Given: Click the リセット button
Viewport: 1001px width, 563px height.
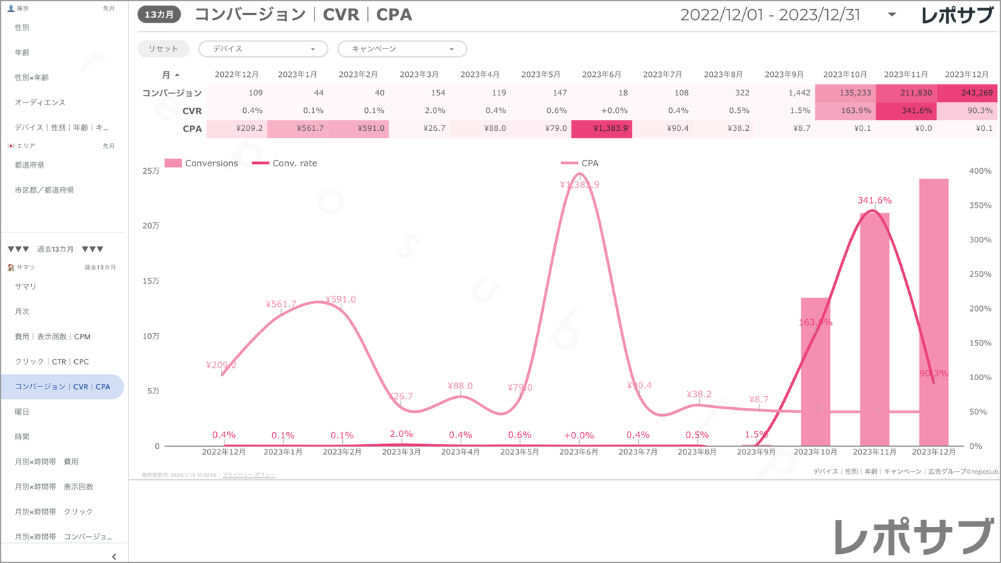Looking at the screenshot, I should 163,49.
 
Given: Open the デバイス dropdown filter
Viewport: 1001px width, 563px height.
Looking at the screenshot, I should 263,49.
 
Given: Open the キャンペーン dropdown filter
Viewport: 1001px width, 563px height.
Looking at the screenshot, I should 402,49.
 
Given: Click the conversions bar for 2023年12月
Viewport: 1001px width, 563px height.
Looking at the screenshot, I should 934,312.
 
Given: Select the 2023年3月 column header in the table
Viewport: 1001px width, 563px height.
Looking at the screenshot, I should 419,75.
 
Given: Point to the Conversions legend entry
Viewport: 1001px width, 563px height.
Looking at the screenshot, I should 211,163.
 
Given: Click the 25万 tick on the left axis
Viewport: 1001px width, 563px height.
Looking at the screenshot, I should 150,171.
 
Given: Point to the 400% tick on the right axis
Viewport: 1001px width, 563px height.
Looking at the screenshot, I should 980,171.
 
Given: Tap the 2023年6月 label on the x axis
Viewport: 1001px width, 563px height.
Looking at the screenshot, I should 578,452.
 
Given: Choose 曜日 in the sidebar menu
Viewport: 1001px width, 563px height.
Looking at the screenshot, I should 22,412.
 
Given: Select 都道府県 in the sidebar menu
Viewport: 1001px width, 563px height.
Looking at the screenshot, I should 30,166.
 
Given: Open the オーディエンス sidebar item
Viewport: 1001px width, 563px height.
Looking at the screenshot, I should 40,102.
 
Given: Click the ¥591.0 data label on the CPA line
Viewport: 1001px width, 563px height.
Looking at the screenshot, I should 340,299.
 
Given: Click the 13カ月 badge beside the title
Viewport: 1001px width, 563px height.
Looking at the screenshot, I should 159,15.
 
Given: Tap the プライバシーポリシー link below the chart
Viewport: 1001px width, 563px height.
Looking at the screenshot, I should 249,475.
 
